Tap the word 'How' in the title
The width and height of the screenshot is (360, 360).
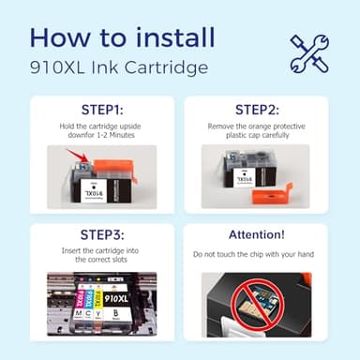coord(59,38)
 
